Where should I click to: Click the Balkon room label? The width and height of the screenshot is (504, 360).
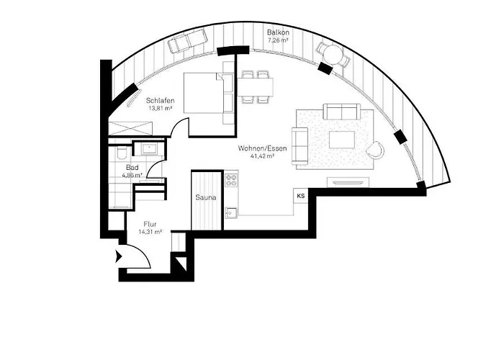[278, 32]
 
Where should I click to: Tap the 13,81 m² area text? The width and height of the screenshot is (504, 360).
[160, 108]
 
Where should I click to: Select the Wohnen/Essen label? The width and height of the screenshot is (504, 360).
[262, 148]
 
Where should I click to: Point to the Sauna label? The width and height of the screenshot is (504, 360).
[206, 198]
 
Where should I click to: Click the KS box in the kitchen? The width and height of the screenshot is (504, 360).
[301, 196]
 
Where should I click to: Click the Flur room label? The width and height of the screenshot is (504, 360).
[150, 225]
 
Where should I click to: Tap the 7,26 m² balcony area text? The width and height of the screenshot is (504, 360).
[278, 40]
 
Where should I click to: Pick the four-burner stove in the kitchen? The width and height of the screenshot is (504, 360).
[231, 180]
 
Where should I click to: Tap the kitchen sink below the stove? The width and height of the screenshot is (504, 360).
[231, 212]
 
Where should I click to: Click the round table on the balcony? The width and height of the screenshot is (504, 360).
[333, 55]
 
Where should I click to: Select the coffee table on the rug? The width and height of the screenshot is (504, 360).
[342, 140]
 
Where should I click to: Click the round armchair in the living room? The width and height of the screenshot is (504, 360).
[376, 150]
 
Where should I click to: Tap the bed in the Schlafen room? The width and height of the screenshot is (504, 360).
[204, 93]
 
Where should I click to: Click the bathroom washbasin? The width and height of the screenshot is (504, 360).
[149, 149]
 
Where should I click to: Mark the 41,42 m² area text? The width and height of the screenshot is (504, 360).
[262, 156]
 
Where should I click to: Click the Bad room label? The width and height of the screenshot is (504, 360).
[132, 168]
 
